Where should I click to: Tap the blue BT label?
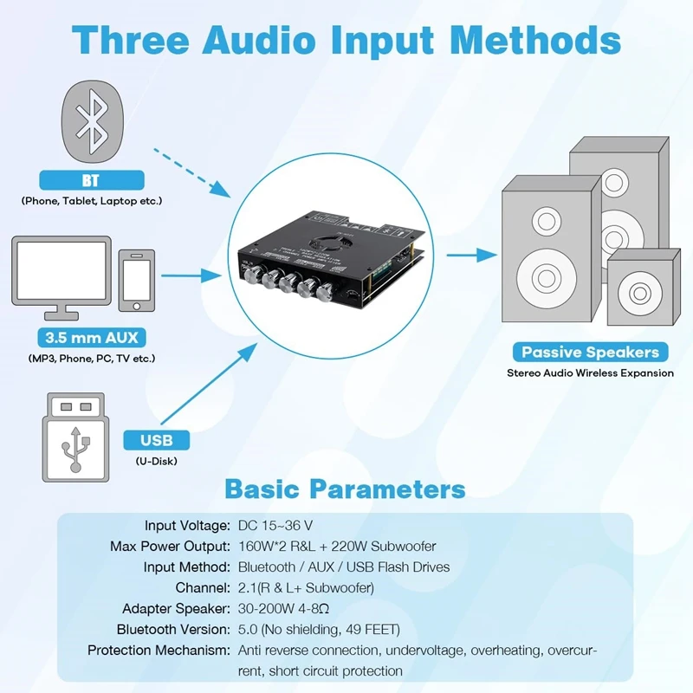point(91,180)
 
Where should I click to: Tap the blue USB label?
point(151,440)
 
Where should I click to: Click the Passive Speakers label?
point(590,352)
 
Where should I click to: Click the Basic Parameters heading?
point(346,489)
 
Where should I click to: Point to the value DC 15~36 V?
point(275,526)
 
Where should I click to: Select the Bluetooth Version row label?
point(172,629)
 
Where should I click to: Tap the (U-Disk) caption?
point(156,461)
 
